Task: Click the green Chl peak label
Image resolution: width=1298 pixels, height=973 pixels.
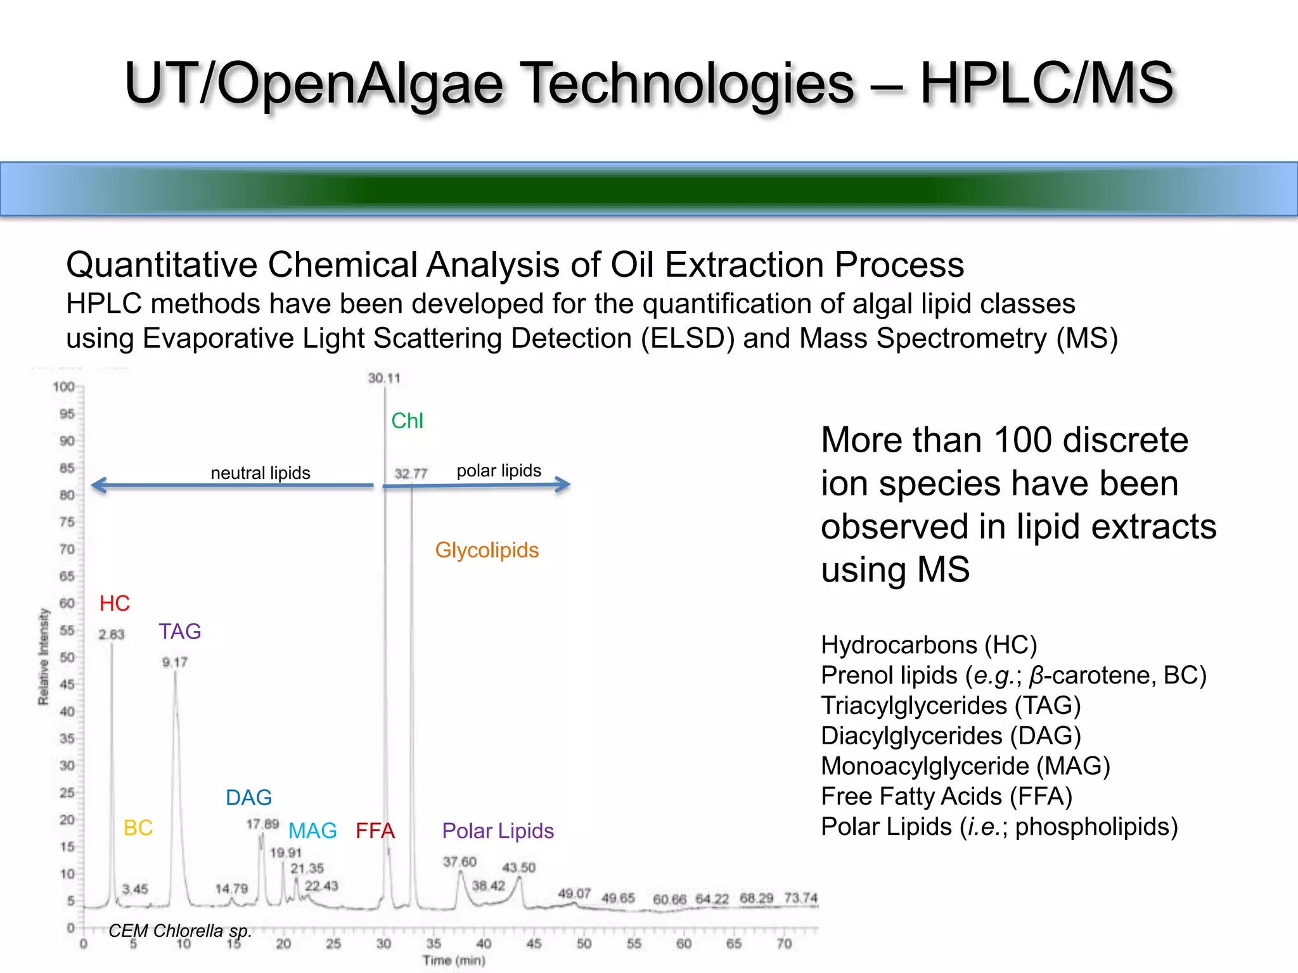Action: [407, 421]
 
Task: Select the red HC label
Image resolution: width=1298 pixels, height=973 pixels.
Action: [115, 604]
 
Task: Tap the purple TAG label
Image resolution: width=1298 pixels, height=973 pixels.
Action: [180, 632]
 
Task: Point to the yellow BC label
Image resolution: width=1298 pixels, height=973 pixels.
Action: [138, 828]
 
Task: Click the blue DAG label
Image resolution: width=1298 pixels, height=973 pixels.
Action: [248, 798]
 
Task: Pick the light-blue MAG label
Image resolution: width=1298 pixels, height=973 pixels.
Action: [312, 831]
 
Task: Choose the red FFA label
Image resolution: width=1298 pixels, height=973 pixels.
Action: [375, 831]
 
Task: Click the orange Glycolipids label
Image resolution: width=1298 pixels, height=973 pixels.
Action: [487, 550]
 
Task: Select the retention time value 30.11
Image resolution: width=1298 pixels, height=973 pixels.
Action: [384, 378]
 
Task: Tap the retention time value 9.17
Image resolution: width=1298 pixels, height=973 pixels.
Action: [175, 663]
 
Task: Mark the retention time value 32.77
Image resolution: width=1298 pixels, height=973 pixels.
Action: [411, 473]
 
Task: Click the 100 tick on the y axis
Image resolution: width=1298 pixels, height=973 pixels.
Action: [63, 386]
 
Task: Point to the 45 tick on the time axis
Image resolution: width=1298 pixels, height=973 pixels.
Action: [534, 944]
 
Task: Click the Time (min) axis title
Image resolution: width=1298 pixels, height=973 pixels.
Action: [454, 960]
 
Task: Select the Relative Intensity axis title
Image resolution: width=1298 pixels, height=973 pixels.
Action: [43, 656]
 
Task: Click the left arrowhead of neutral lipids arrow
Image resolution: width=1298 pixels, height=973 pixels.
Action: [95, 486]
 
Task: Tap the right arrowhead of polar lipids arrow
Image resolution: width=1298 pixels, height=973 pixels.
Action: [566, 485]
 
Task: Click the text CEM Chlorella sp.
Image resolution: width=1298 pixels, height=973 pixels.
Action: [180, 931]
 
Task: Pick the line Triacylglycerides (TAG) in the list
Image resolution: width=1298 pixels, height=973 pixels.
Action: [951, 706]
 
